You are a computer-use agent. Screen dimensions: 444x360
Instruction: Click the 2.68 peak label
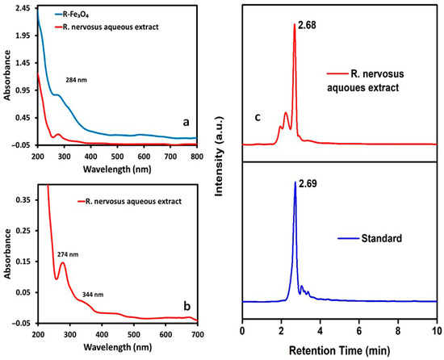(307, 26)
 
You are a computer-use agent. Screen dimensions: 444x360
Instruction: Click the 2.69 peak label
(308, 184)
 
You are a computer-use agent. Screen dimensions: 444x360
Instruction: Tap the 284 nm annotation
(77, 81)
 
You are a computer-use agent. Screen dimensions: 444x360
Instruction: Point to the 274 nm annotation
(68, 255)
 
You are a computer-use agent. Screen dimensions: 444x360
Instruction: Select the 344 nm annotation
(93, 295)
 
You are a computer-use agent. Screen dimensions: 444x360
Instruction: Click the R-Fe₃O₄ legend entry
(71, 15)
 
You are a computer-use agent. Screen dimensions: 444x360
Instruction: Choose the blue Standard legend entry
(370, 238)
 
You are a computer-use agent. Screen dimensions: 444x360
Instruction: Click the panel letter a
(186, 122)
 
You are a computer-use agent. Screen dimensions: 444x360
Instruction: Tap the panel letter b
(187, 306)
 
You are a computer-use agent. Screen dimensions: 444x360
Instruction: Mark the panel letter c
(258, 117)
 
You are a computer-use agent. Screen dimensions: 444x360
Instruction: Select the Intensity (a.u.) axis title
(219, 157)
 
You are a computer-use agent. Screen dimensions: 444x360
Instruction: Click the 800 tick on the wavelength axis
(197, 157)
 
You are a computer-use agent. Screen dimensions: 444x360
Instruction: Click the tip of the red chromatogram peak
(295, 24)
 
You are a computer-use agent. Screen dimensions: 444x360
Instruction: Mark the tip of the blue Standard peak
(295, 182)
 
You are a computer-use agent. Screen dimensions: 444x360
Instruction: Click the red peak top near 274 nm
(63, 262)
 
